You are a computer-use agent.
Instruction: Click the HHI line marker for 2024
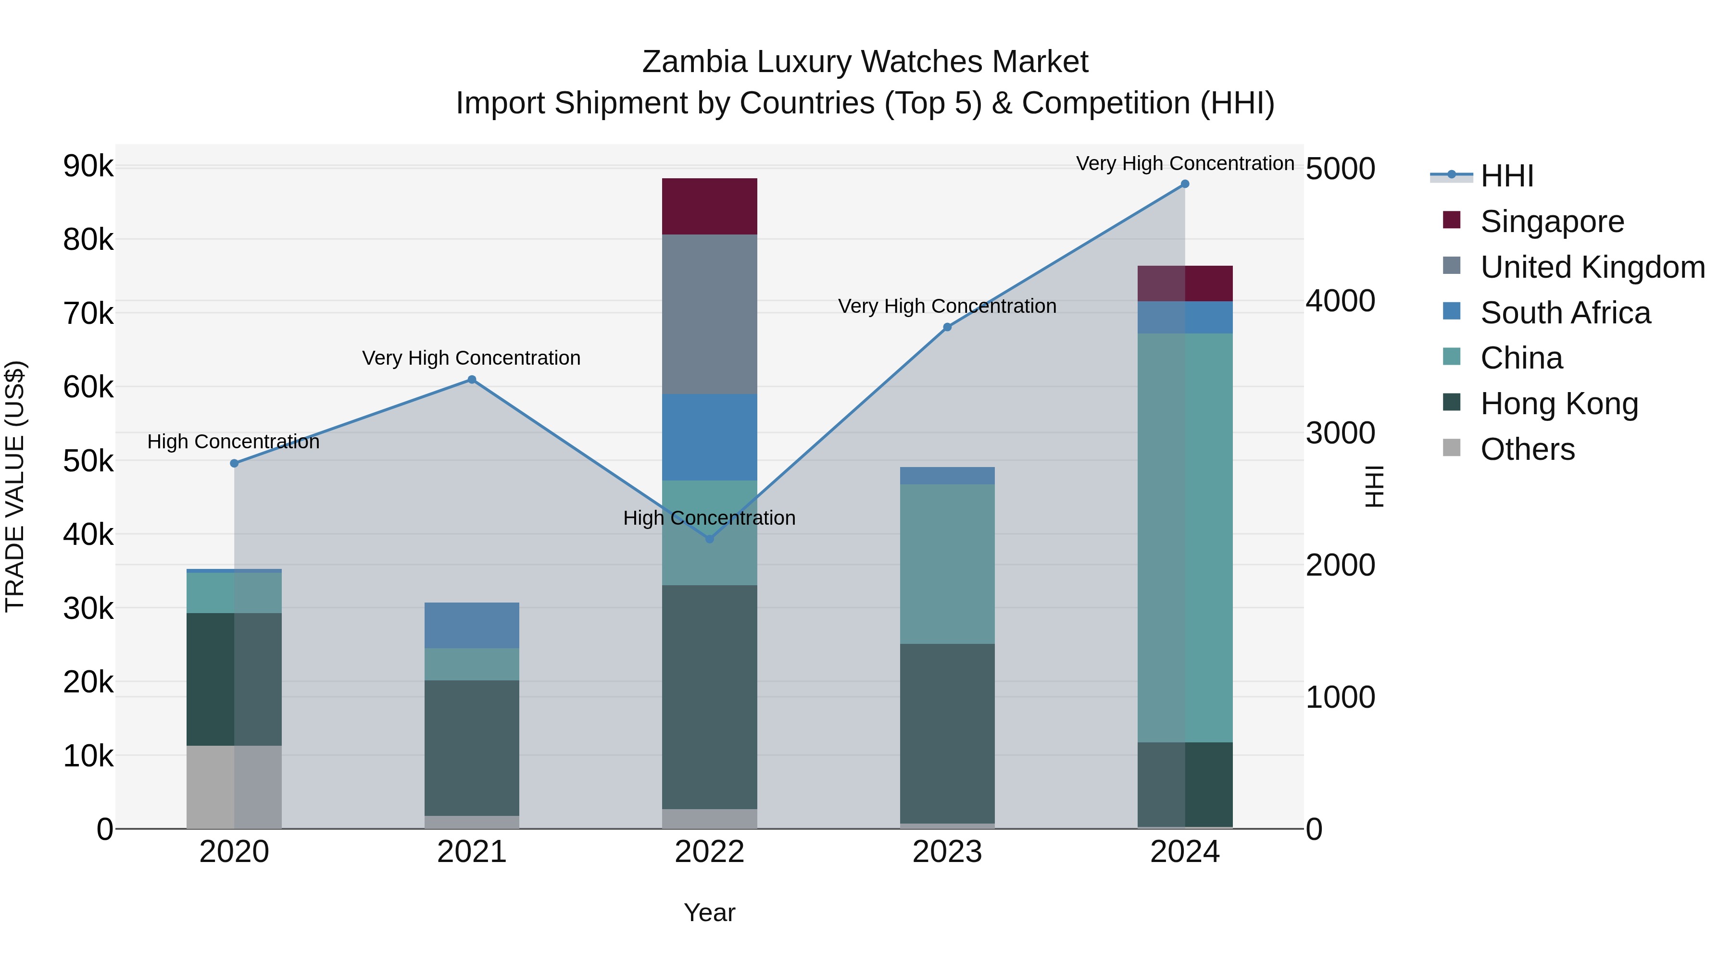[1185, 184]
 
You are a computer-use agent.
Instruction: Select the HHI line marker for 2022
[710, 539]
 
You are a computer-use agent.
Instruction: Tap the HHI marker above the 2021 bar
[472, 380]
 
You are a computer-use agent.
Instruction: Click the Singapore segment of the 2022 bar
[710, 206]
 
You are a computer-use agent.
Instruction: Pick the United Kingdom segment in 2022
[710, 314]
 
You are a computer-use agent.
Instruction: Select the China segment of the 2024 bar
[1185, 537]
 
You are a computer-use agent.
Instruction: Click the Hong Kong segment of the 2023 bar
[947, 733]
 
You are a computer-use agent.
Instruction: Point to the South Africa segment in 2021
[472, 625]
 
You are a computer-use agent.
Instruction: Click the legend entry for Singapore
[1552, 222]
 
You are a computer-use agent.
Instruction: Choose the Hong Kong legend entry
[1559, 404]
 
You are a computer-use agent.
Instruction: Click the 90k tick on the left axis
[88, 166]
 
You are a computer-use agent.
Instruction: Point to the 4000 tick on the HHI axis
[1340, 301]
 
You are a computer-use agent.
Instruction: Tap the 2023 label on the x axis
[947, 852]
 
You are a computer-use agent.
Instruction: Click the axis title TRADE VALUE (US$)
[15, 486]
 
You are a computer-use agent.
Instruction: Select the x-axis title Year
[710, 912]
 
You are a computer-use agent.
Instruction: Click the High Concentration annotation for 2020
[233, 442]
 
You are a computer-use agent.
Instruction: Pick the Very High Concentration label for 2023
[947, 306]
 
